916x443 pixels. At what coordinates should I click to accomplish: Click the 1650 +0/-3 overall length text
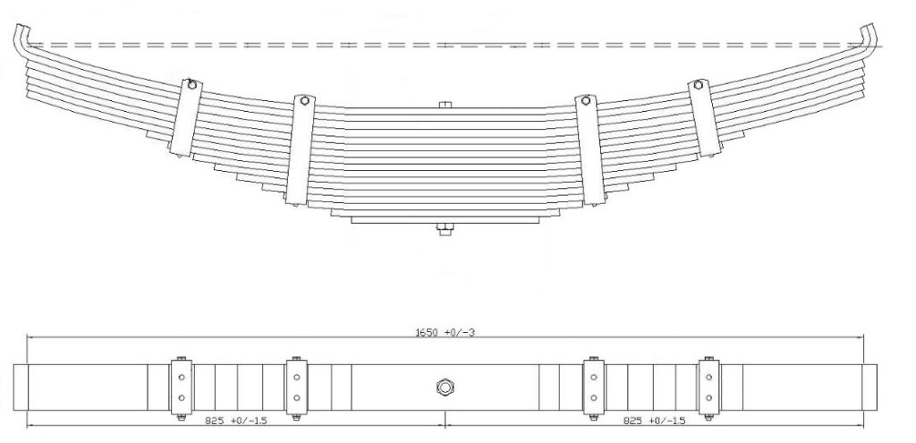[x=445, y=332]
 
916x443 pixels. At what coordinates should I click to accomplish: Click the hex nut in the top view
[x=445, y=387]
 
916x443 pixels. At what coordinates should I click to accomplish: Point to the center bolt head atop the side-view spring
[x=445, y=106]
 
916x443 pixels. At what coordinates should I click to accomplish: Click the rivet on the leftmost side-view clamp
[x=191, y=87]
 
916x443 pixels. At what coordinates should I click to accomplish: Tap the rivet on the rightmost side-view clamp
[x=699, y=86]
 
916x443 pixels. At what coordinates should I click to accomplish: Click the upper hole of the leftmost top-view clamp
[x=181, y=377]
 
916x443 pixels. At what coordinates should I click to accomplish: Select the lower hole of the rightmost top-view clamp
[x=708, y=396]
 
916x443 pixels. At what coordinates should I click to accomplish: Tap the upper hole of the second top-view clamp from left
[x=296, y=377]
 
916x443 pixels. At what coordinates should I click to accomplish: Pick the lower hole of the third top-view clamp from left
[x=592, y=396]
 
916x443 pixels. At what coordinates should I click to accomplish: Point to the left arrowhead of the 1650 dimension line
[x=30, y=337]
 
